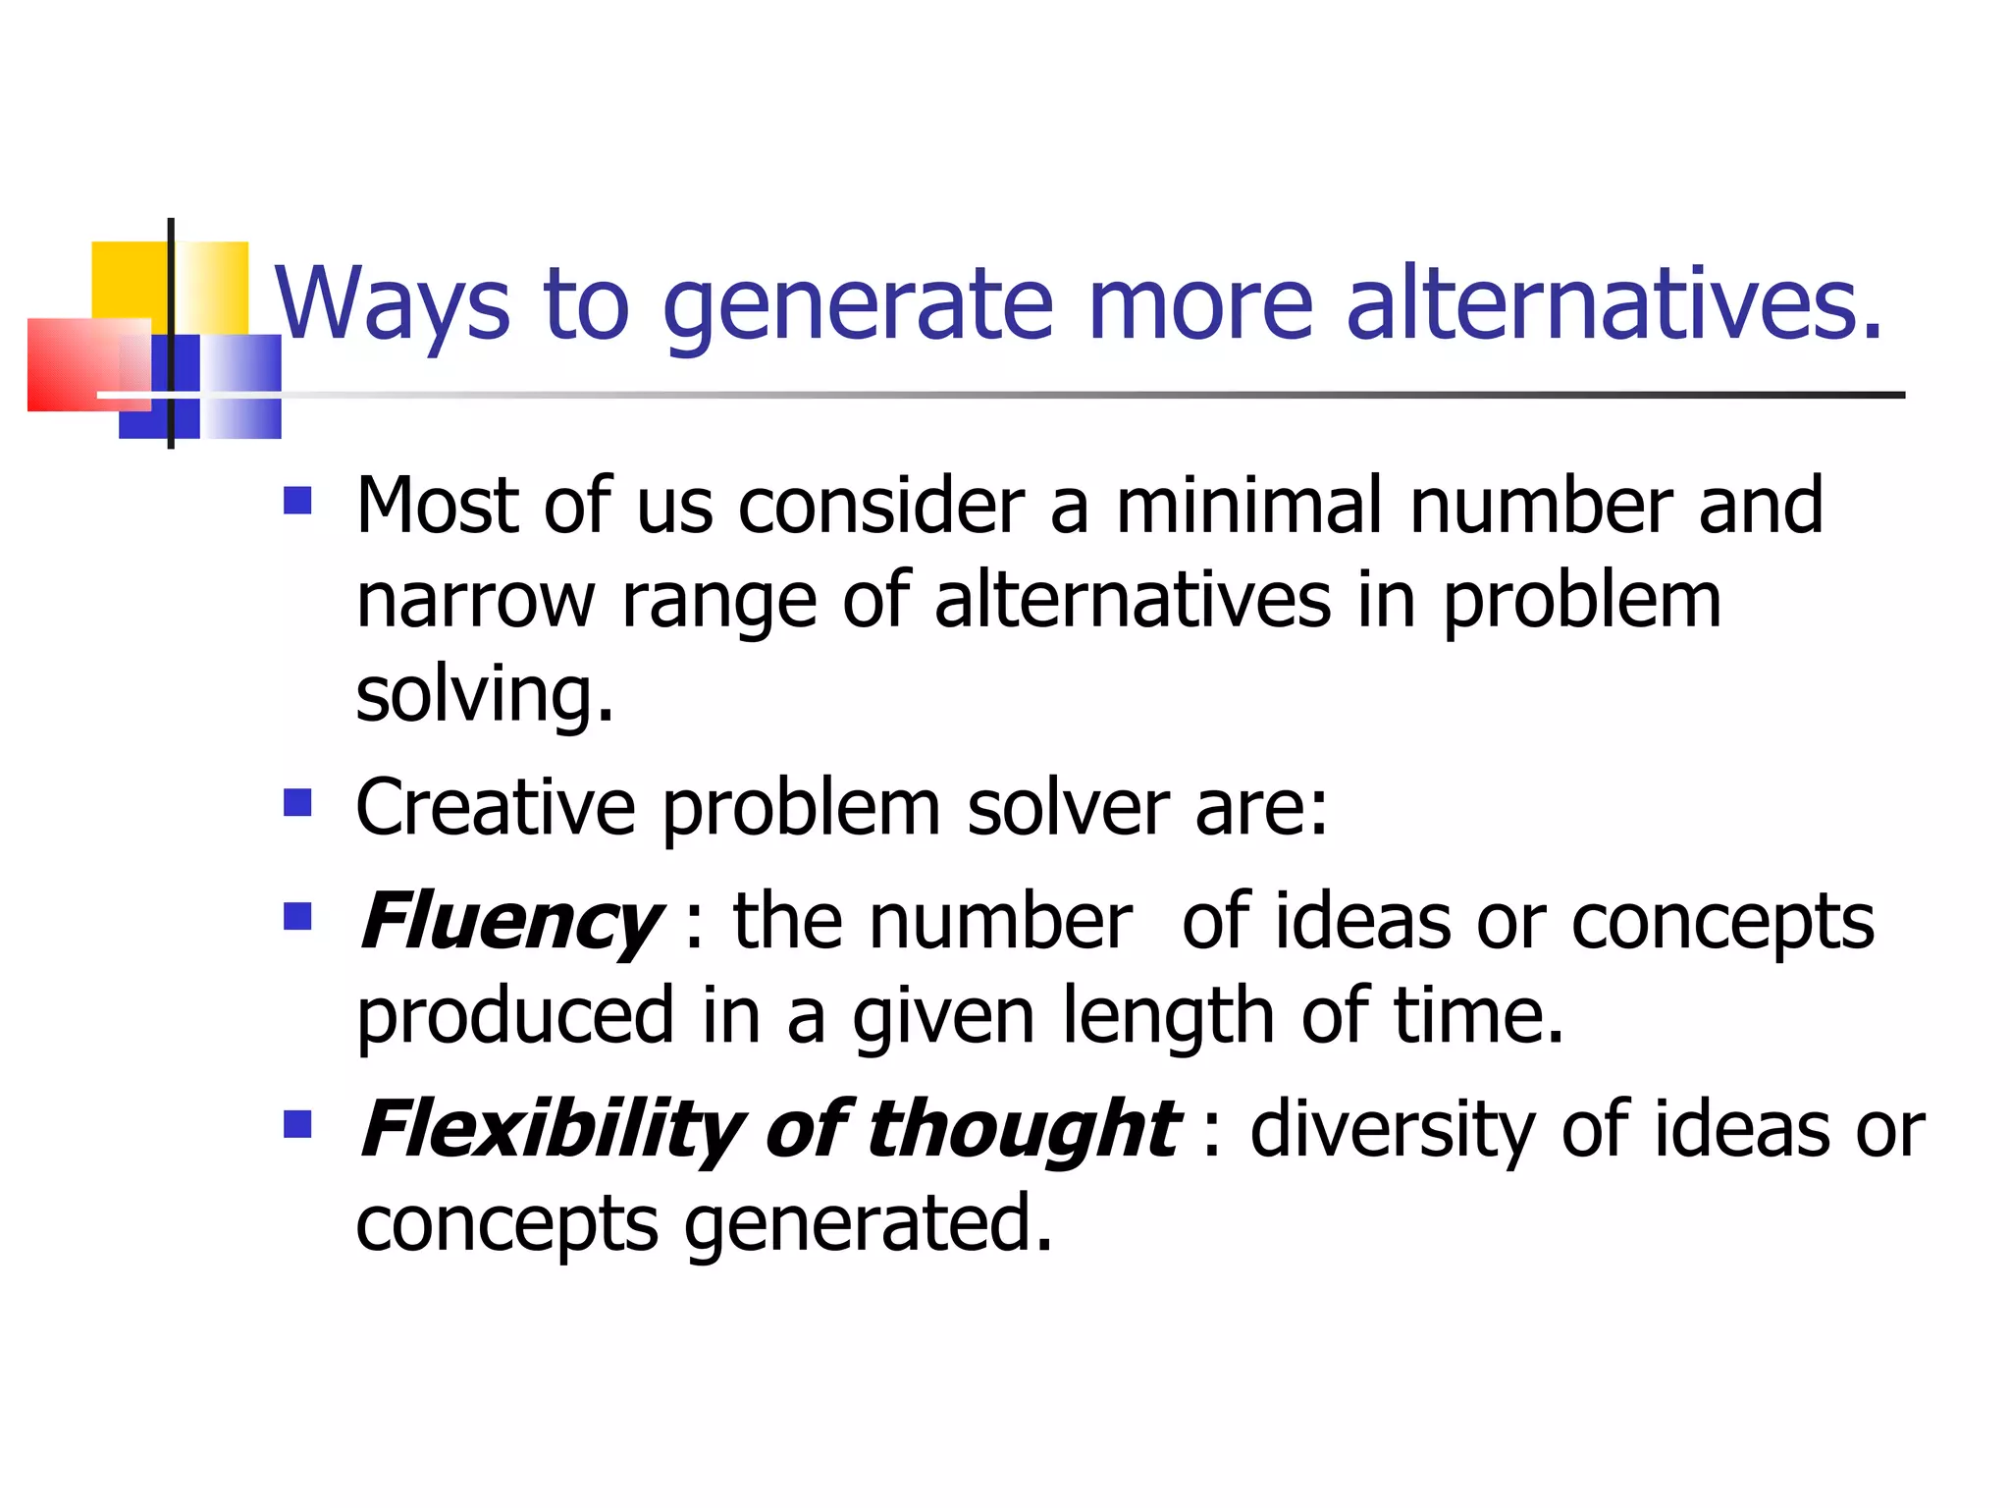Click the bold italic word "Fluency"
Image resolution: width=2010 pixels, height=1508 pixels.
pyautogui.click(x=510, y=923)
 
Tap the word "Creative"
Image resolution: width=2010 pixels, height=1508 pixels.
pyautogui.click(x=496, y=807)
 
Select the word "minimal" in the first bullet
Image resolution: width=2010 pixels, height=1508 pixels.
pyautogui.click(x=1249, y=506)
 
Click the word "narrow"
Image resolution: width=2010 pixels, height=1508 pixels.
pyautogui.click(x=475, y=601)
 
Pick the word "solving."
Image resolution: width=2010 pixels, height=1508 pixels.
pyautogui.click(x=485, y=695)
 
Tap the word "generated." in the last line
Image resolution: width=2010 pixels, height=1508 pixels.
pyautogui.click(x=869, y=1225)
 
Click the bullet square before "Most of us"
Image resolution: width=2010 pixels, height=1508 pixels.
pyautogui.click(x=297, y=502)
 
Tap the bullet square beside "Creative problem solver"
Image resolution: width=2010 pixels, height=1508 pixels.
pyautogui.click(x=297, y=803)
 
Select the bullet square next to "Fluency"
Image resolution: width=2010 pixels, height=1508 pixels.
pyautogui.click(x=297, y=916)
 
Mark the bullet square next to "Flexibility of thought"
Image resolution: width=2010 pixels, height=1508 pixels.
pyautogui.click(x=297, y=1124)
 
